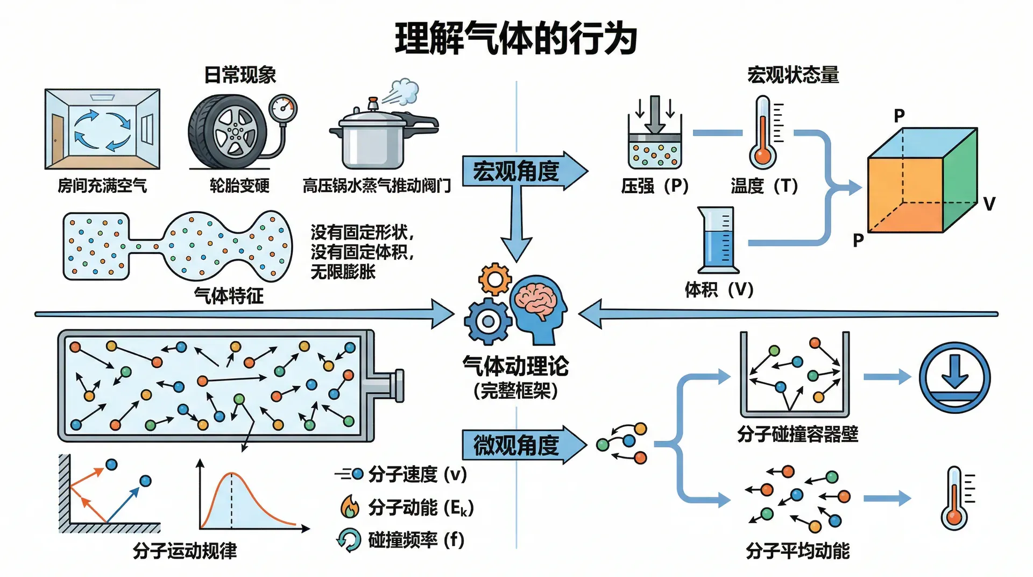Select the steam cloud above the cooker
click(404, 92)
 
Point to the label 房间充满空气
click(102, 186)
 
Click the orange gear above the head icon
click(494, 279)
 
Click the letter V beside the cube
click(989, 204)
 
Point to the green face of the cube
click(960, 180)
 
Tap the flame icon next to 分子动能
click(350, 506)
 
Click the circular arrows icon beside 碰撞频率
click(349, 540)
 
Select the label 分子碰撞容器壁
click(797, 434)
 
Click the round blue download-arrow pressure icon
click(954, 377)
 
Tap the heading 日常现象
click(240, 75)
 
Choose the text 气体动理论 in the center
click(515, 367)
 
